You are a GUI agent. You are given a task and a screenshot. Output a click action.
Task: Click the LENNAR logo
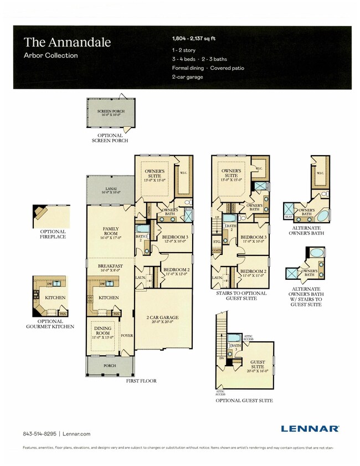coord(310,428)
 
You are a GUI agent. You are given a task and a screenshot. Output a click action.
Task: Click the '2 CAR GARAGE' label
coord(162,318)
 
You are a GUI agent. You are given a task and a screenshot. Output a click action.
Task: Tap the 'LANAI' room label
coord(110,190)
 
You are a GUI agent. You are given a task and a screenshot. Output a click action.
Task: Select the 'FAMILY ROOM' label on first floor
coord(110,231)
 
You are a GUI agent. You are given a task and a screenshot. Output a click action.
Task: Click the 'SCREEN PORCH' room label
coord(109,111)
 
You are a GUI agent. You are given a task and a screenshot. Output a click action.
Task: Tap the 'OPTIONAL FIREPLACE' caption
coord(53,234)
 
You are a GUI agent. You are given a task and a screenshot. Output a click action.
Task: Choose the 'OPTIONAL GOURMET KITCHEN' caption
coord(55,324)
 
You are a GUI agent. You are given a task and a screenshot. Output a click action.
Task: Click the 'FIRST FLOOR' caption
coord(141,381)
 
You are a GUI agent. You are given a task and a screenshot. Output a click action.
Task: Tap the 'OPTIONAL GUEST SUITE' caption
coord(244,400)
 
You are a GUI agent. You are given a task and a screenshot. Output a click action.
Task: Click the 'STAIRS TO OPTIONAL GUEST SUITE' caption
coord(239,296)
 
